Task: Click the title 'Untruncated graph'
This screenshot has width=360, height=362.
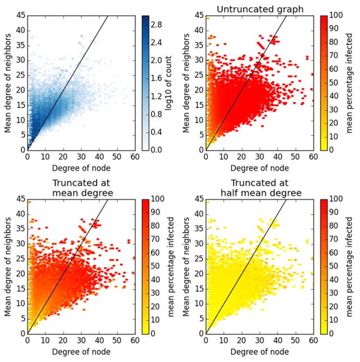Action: point(260,7)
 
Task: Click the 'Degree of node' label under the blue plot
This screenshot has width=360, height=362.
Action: point(81,169)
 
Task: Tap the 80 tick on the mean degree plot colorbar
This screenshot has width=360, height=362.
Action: point(154,225)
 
